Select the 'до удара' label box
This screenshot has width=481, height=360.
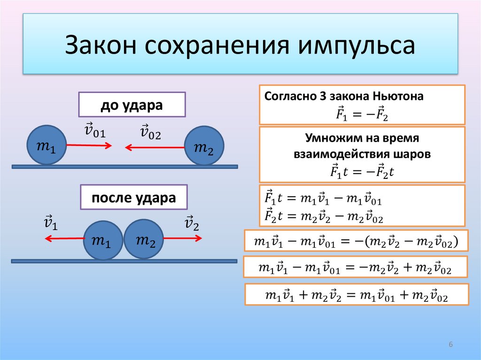coord(132,105)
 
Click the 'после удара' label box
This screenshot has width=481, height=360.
coord(134,197)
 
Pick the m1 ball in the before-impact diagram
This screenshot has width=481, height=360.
coord(46,145)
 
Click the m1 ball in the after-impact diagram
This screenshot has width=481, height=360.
coord(103,240)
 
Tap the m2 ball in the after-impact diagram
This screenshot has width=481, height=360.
coord(144,239)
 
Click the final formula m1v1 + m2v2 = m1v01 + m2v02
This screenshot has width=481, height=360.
coord(357,295)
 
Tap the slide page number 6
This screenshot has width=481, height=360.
coord(450,345)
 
